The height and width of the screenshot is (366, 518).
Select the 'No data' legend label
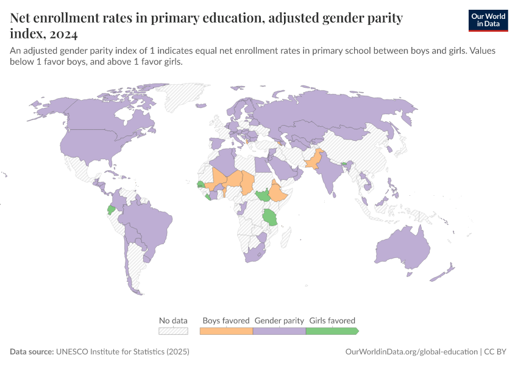[173, 320]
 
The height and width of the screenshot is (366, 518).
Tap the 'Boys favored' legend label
[226, 320]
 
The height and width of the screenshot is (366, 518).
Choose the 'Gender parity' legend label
[279, 320]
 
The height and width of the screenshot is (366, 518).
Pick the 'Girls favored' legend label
[332, 320]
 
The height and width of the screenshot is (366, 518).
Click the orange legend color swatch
[226, 331]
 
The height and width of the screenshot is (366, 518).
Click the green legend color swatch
[332, 331]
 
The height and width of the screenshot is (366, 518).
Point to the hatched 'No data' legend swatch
[173, 331]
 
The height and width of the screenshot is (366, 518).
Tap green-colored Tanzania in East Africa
[269, 217]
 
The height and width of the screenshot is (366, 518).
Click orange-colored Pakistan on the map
[312, 162]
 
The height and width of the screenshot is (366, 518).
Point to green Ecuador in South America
[111, 209]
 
